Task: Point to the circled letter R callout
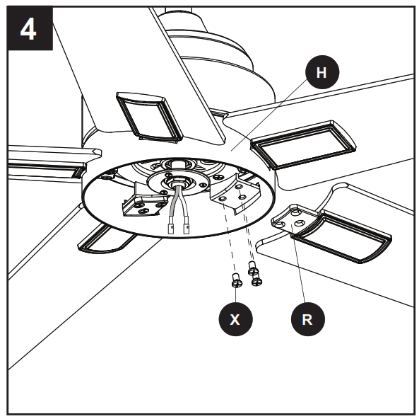306,319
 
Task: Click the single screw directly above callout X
236,282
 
